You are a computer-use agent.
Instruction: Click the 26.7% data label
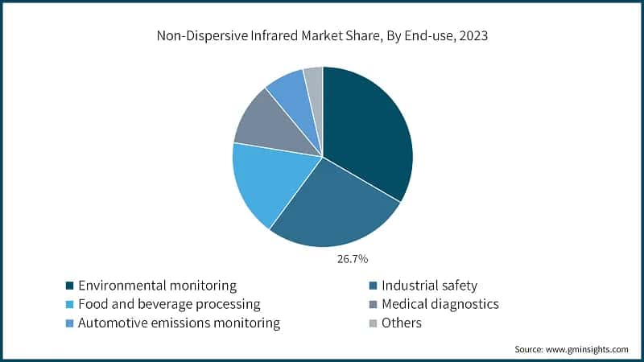pos(353,259)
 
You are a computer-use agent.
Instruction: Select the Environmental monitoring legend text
pos(158,286)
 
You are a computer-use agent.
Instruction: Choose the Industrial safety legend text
pos(430,286)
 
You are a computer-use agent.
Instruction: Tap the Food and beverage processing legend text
pos(170,304)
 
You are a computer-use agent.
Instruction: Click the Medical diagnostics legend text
pos(440,304)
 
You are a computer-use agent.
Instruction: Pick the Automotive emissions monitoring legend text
pos(180,323)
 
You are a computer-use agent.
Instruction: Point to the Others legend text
pos(402,323)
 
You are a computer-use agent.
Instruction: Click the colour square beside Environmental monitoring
pos(70,286)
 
